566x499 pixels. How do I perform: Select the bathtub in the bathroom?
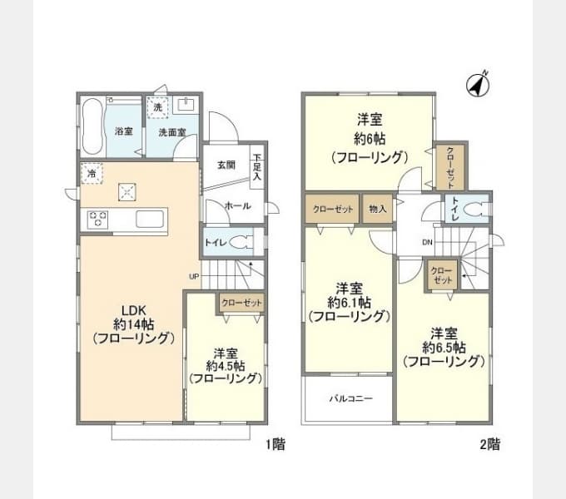(x=93, y=126)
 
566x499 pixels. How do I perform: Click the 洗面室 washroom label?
(x=173, y=132)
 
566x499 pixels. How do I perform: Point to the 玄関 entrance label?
(x=226, y=165)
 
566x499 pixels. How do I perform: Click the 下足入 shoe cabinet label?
(x=258, y=167)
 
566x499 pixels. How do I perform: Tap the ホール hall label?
(x=236, y=205)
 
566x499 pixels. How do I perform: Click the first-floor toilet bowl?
(x=242, y=242)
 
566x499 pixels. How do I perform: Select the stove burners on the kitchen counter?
(x=99, y=220)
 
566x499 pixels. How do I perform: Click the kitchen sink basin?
(x=150, y=220)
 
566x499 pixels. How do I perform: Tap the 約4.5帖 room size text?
(x=226, y=365)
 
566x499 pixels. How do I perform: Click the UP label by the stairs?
(x=193, y=276)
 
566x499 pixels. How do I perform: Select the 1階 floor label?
(x=276, y=445)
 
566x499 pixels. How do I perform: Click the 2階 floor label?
(x=490, y=445)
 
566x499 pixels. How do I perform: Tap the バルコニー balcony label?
(x=350, y=398)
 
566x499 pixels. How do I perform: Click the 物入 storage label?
(x=377, y=209)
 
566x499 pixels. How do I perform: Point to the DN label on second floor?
(x=427, y=243)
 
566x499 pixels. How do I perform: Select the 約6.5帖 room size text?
(x=444, y=347)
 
